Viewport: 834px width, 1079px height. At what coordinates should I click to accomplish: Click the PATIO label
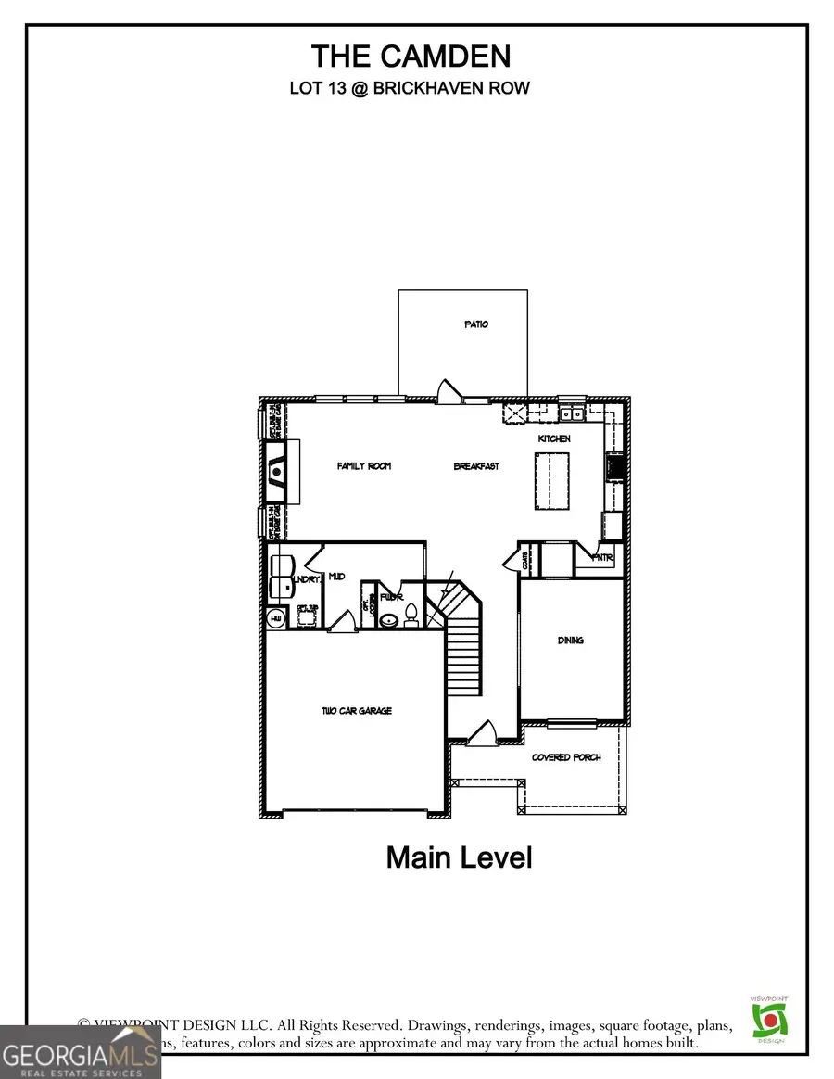coord(476,324)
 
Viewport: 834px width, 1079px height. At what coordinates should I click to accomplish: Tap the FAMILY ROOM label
coord(363,466)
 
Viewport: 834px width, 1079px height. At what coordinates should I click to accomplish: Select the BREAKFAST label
coord(476,466)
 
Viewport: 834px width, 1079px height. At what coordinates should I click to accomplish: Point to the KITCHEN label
coord(555,438)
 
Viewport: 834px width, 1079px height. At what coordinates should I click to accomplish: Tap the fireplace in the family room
coord(277,473)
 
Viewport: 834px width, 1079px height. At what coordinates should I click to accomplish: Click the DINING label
coord(571,641)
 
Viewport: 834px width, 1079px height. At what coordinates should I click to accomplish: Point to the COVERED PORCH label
coord(566,757)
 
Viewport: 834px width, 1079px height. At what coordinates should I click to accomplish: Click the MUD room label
coord(337,577)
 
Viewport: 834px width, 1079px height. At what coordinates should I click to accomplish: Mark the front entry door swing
coord(483,733)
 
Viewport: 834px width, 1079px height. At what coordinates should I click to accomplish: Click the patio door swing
coord(449,391)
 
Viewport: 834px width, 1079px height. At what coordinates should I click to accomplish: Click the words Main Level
coord(459,857)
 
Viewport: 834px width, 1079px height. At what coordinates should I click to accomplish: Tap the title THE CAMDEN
coord(411,57)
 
